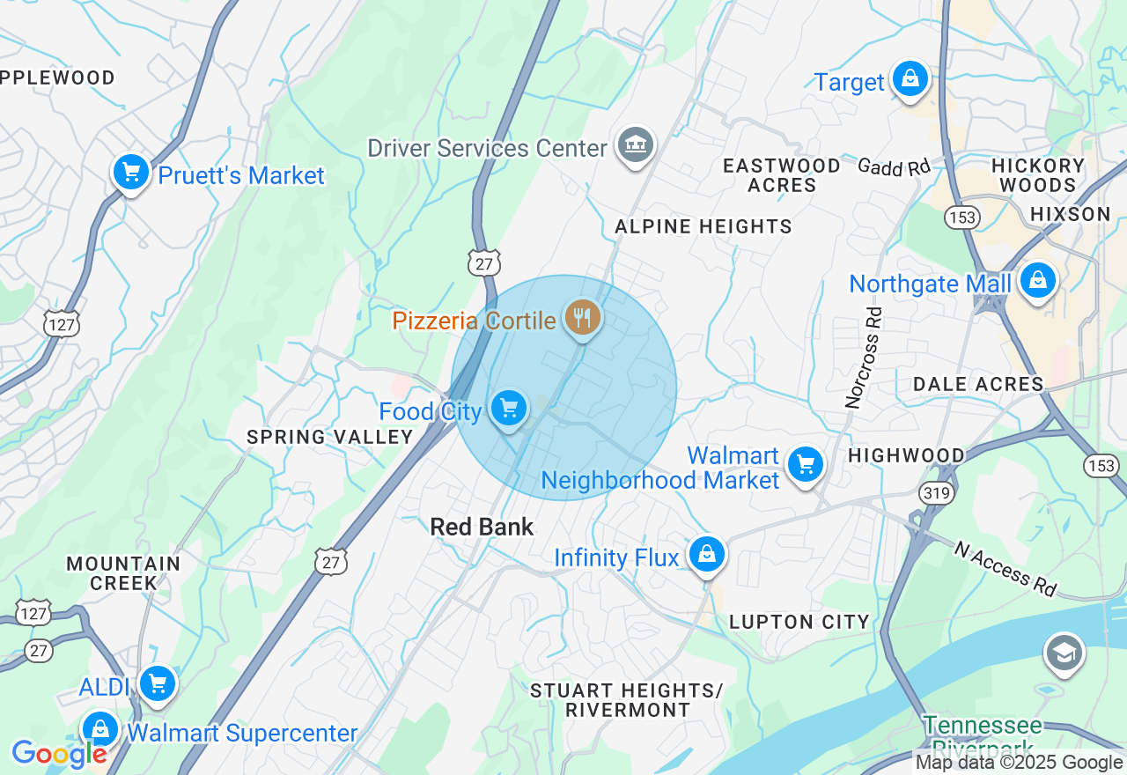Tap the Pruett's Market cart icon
[x=131, y=173]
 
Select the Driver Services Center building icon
[x=636, y=145]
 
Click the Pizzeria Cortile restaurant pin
[x=582, y=318]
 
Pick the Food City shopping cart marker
[x=509, y=409]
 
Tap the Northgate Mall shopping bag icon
[x=1038, y=281]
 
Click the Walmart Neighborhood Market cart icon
[x=806, y=463]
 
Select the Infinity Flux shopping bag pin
[x=707, y=555]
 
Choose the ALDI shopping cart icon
[x=158, y=683]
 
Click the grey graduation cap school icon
[x=1064, y=653]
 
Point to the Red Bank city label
[x=482, y=527]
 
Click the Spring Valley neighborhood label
[x=330, y=437]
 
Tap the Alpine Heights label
[x=703, y=226]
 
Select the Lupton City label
[x=799, y=622]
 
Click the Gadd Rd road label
[x=894, y=166]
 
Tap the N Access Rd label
[x=1004, y=567]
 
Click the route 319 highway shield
[x=936, y=492]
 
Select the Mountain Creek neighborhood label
[x=123, y=572]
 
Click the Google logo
[x=59, y=754]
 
